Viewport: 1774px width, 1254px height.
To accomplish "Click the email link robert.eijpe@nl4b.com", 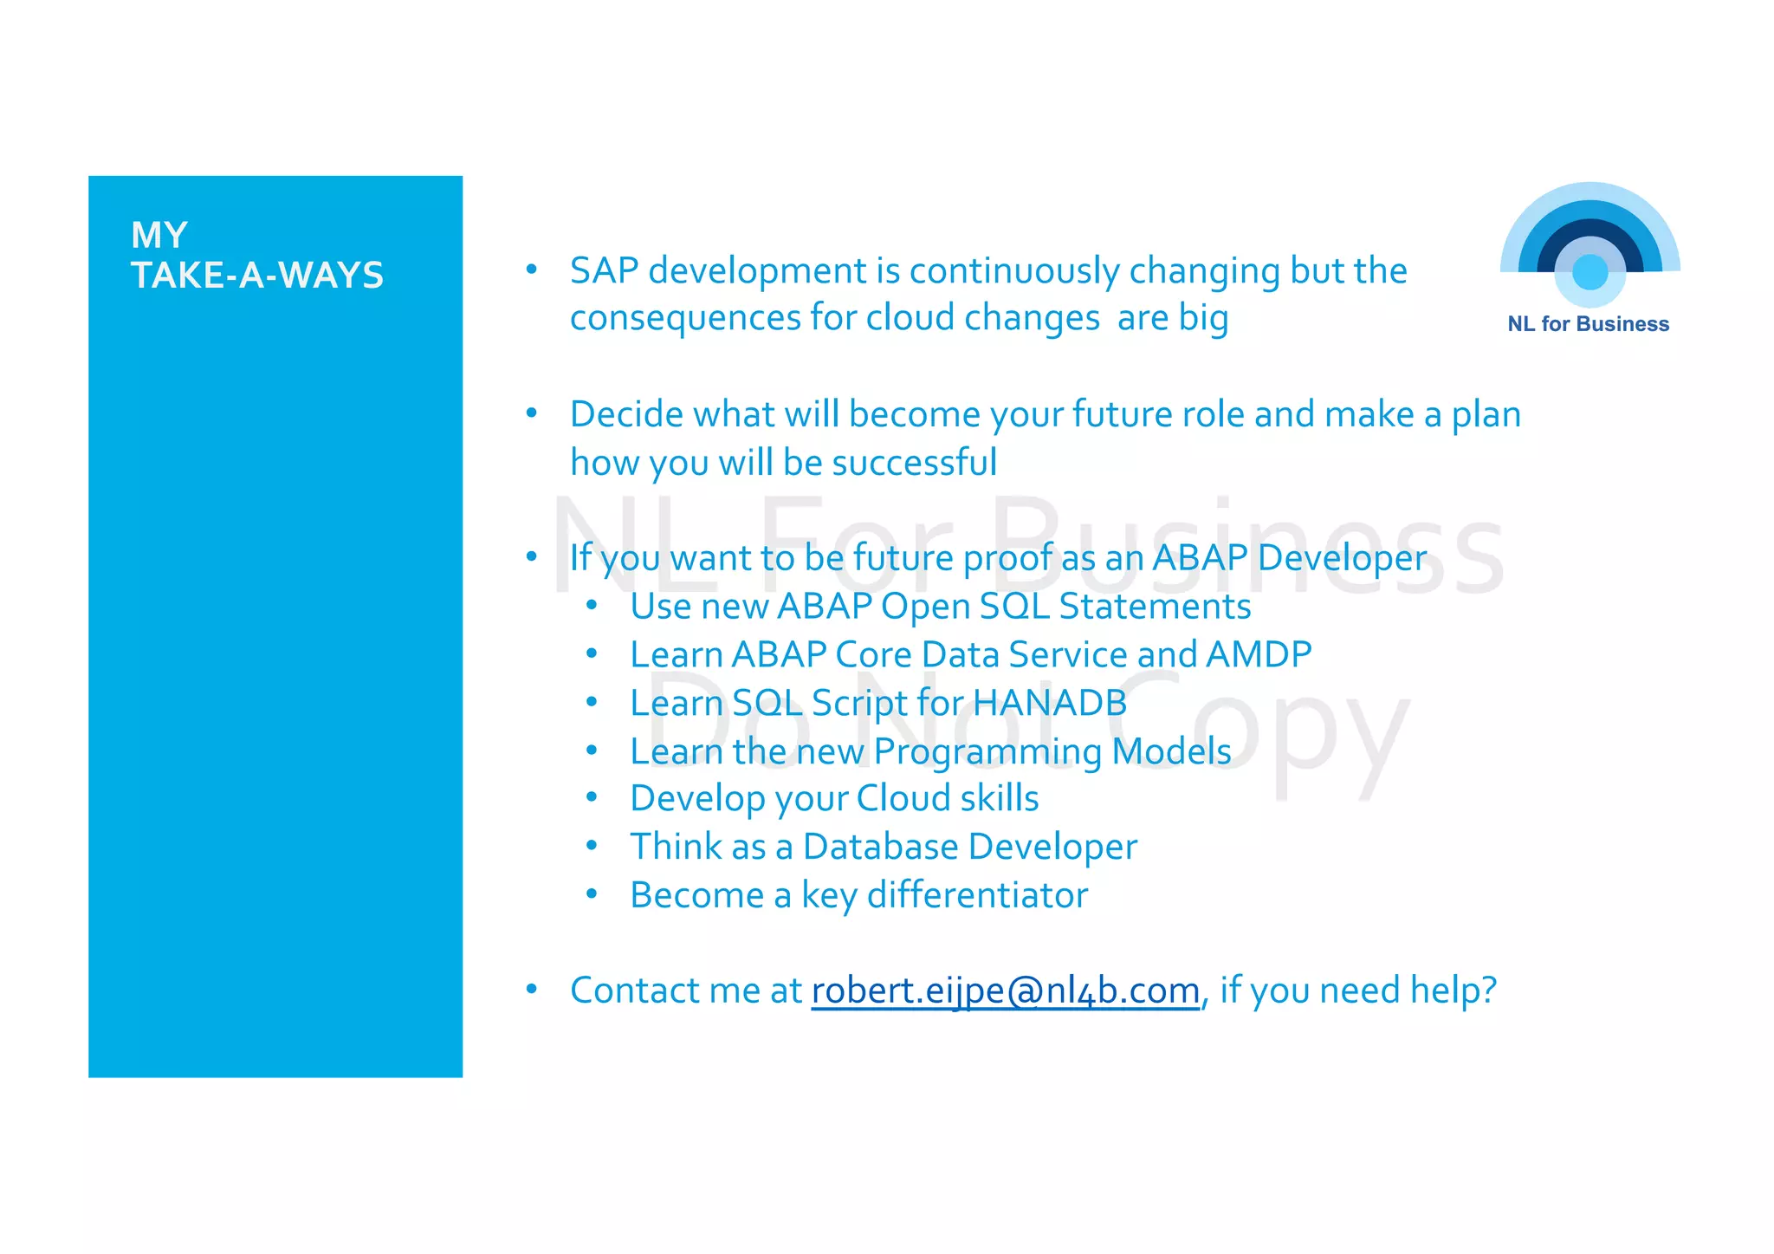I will click(x=1005, y=991).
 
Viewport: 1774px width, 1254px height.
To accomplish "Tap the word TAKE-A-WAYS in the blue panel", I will click(x=257, y=276).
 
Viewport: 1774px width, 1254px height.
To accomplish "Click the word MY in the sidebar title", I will click(x=159, y=235).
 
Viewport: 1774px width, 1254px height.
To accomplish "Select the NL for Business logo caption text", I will click(x=1588, y=324).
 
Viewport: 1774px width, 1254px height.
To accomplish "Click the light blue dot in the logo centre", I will click(x=1589, y=272).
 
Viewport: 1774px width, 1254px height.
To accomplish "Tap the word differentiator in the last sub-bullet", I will click(x=977, y=895).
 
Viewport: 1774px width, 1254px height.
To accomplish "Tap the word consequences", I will click(x=685, y=318).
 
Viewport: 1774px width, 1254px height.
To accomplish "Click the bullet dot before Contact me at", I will click(x=532, y=988).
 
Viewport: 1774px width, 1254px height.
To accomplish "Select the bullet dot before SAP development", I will click(x=532, y=269).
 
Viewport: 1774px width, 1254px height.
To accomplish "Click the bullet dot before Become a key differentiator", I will click(x=592, y=893).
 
